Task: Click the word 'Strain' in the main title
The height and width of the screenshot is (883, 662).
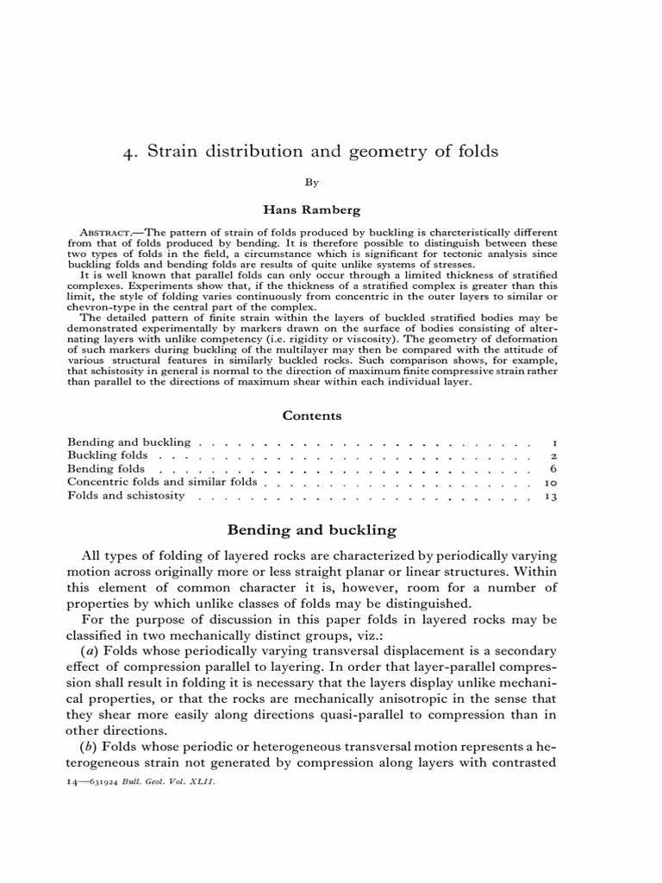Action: [x=172, y=152]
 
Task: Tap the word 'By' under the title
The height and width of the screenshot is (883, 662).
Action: [x=312, y=183]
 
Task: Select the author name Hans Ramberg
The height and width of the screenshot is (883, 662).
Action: [x=312, y=208]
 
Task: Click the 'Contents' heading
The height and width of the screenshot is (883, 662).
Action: [x=312, y=415]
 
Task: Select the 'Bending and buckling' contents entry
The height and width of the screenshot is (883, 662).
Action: [x=128, y=441]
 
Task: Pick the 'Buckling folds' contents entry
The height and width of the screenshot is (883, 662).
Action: [x=108, y=455]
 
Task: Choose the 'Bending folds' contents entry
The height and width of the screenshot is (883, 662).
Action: [x=106, y=469]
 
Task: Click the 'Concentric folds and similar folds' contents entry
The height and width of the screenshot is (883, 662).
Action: [x=162, y=483]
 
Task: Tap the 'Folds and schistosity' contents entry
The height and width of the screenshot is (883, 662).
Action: [x=126, y=497]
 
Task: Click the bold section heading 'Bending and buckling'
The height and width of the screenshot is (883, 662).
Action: [x=312, y=529]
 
